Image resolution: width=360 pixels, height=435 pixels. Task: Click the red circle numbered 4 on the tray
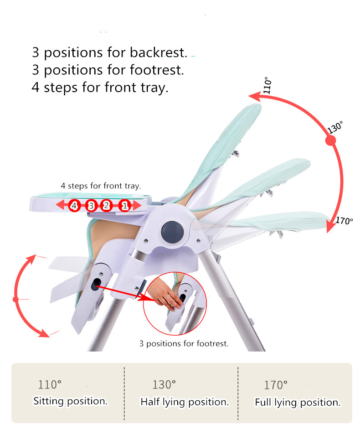click(74, 206)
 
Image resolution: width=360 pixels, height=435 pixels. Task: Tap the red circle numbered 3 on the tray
click(91, 206)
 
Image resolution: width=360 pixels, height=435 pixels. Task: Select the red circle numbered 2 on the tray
click(107, 206)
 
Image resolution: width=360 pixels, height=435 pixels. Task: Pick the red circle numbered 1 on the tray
click(125, 206)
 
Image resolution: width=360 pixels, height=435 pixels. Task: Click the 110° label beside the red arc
click(267, 87)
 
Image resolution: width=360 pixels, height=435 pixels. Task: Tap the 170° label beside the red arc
click(345, 221)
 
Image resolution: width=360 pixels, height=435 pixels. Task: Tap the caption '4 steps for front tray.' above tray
click(101, 186)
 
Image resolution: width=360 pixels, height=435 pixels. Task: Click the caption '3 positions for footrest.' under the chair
click(184, 343)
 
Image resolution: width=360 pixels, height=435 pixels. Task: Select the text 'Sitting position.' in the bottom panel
click(70, 401)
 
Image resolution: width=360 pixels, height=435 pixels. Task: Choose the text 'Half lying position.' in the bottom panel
click(185, 402)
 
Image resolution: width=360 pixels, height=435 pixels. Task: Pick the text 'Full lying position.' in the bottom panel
click(298, 402)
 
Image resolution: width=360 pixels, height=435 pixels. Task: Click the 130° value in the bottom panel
click(164, 384)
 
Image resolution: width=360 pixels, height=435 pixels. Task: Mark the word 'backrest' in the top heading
click(158, 52)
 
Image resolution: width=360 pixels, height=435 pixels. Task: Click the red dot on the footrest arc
click(15, 300)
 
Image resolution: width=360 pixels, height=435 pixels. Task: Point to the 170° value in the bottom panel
click(276, 385)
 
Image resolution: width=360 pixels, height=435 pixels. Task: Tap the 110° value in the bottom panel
click(49, 384)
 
